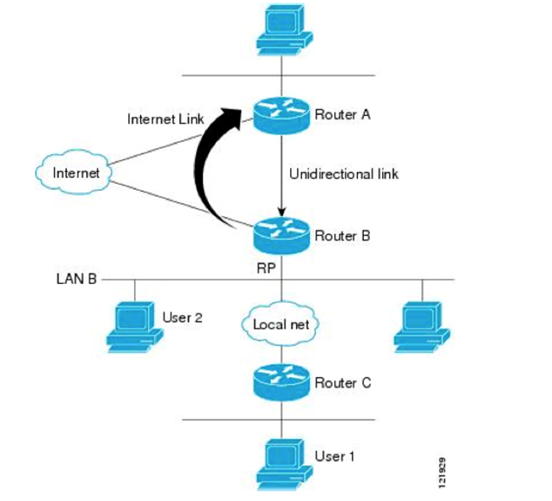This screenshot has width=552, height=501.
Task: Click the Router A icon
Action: click(281, 114)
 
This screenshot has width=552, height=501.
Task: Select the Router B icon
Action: click(281, 234)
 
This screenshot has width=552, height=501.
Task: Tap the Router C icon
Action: click(281, 382)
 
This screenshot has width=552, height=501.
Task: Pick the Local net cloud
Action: click(276, 324)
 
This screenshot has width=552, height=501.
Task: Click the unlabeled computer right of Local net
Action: click(421, 327)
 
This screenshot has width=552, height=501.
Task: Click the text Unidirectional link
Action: click(343, 173)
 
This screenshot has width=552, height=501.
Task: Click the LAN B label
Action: click(73, 280)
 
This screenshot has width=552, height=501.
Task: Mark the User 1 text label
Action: click(333, 456)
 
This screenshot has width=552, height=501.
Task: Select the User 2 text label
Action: click(182, 316)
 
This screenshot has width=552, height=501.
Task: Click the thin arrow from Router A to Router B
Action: click(281, 174)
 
